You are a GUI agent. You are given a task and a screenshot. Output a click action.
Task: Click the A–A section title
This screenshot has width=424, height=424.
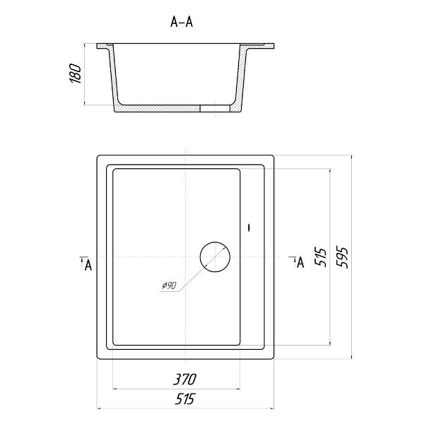[182, 22]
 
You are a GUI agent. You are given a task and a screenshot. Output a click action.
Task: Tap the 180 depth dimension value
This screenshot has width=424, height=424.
[76, 73]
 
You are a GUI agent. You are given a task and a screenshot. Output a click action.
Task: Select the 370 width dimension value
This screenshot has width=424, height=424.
[184, 379]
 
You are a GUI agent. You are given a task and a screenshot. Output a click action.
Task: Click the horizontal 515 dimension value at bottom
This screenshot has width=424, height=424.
[184, 399]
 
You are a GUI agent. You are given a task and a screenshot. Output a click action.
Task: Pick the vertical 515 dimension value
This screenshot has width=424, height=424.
[321, 257]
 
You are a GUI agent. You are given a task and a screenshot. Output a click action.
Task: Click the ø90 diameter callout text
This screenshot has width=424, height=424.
[170, 285]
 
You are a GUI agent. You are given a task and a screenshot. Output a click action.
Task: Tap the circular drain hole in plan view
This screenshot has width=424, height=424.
[215, 242]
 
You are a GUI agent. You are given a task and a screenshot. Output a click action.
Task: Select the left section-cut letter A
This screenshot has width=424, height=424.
[88, 265]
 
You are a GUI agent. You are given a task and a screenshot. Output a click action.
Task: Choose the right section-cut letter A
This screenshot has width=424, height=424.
[300, 262]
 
